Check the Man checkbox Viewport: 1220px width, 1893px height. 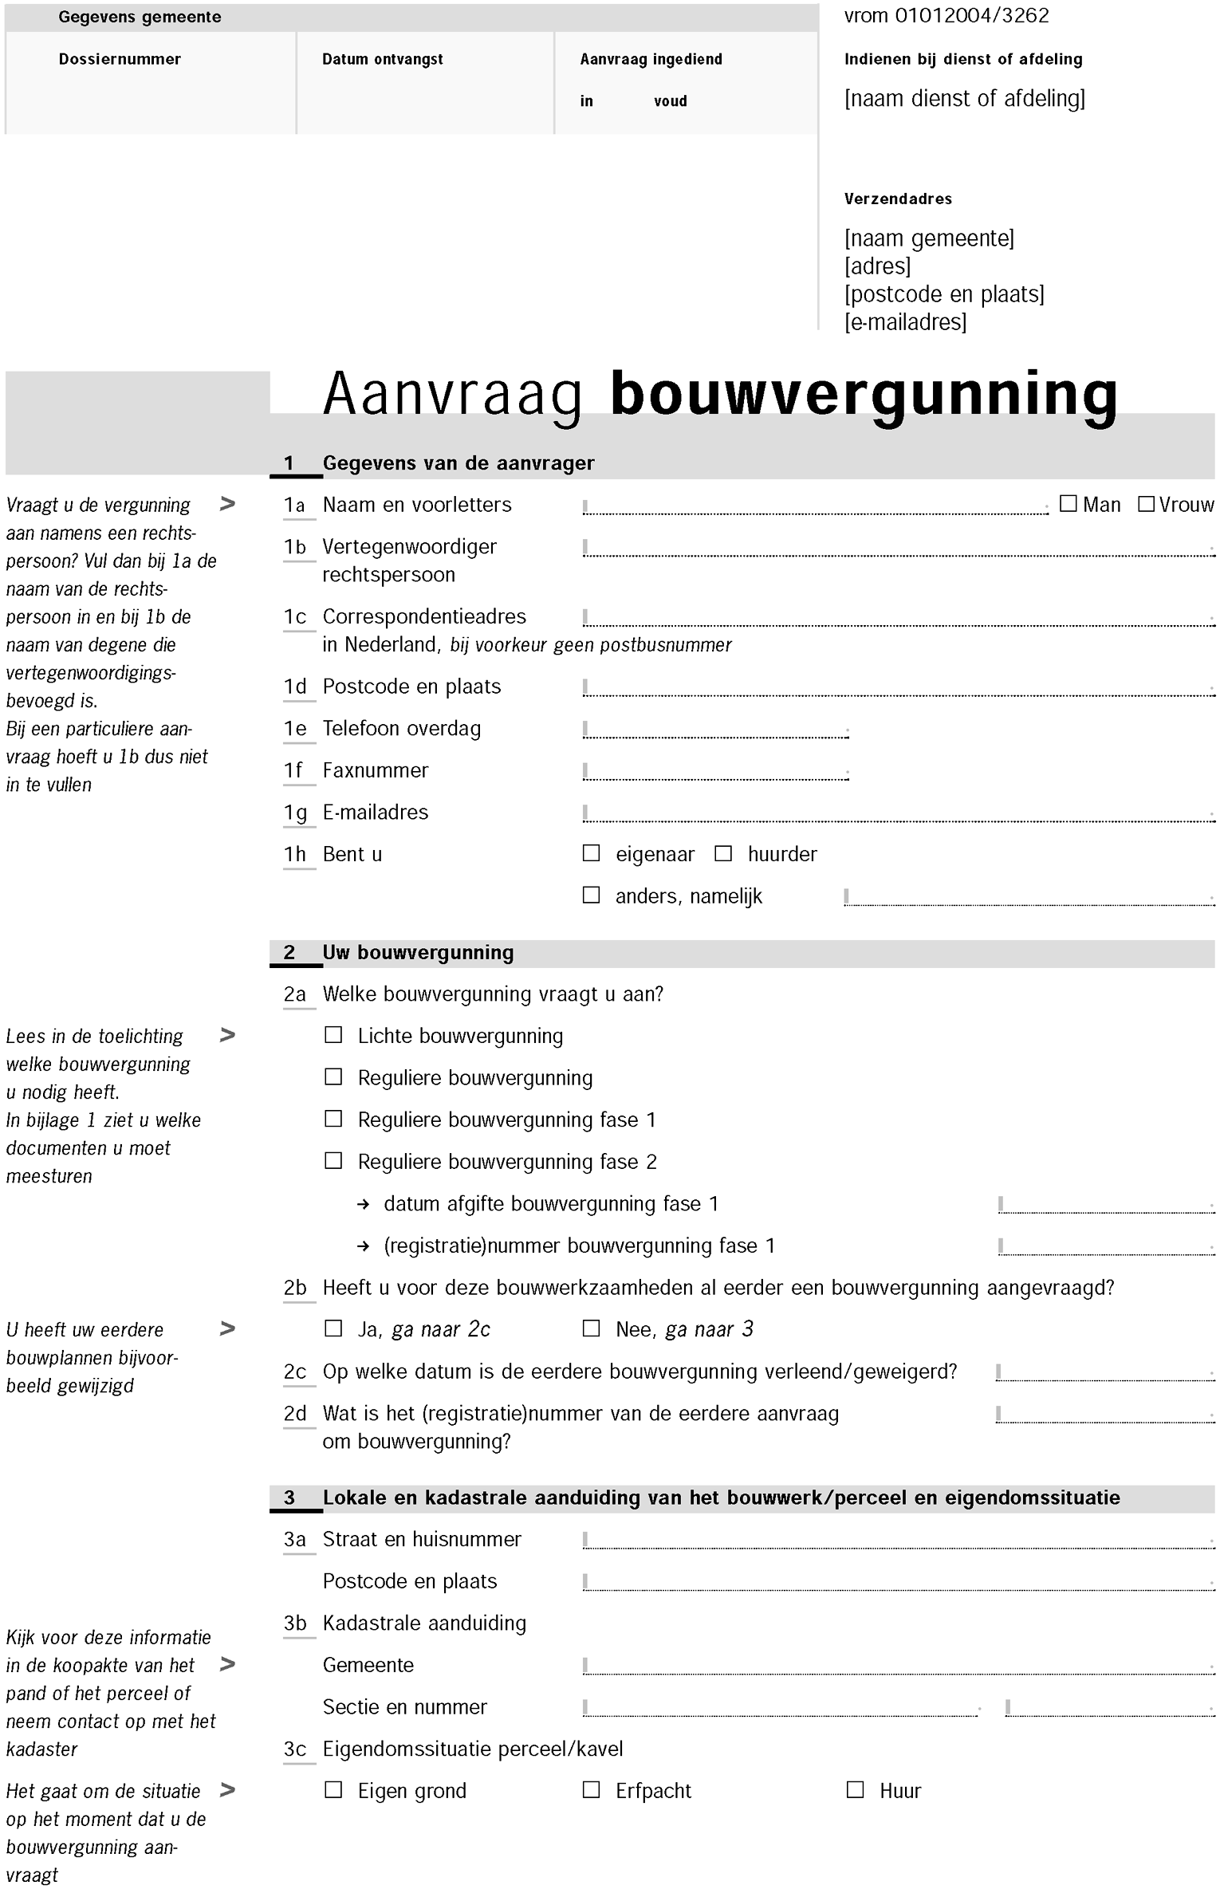pos(1068,504)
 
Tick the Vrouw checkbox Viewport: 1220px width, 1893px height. pos(1146,504)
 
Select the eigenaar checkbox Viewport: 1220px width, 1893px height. pos(591,853)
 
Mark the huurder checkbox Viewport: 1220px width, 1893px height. pos(723,853)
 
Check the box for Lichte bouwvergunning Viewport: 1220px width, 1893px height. pos(333,1035)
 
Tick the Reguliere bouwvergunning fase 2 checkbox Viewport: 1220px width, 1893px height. pos(333,1161)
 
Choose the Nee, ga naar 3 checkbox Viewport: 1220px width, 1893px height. pos(591,1328)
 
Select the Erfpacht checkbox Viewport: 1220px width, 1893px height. pos(591,1790)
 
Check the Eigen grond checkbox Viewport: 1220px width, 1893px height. pos(333,1790)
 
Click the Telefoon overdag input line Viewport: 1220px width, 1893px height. pos(715,730)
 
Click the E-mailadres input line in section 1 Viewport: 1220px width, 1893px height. pos(898,813)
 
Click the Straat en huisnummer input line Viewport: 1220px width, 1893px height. pos(898,1541)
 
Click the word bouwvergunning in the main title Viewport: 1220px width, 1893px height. pos(864,395)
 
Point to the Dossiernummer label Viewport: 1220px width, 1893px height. pos(120,59)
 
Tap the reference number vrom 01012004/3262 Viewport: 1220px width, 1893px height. pos(946,16)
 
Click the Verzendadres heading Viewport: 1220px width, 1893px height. pos(898,199)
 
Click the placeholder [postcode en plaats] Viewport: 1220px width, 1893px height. pos(944,294)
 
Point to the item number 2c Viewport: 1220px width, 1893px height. pos(295,1372)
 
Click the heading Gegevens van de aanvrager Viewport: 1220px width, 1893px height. pos(458,463)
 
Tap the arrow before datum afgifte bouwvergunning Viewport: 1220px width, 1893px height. pos(364,1205)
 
